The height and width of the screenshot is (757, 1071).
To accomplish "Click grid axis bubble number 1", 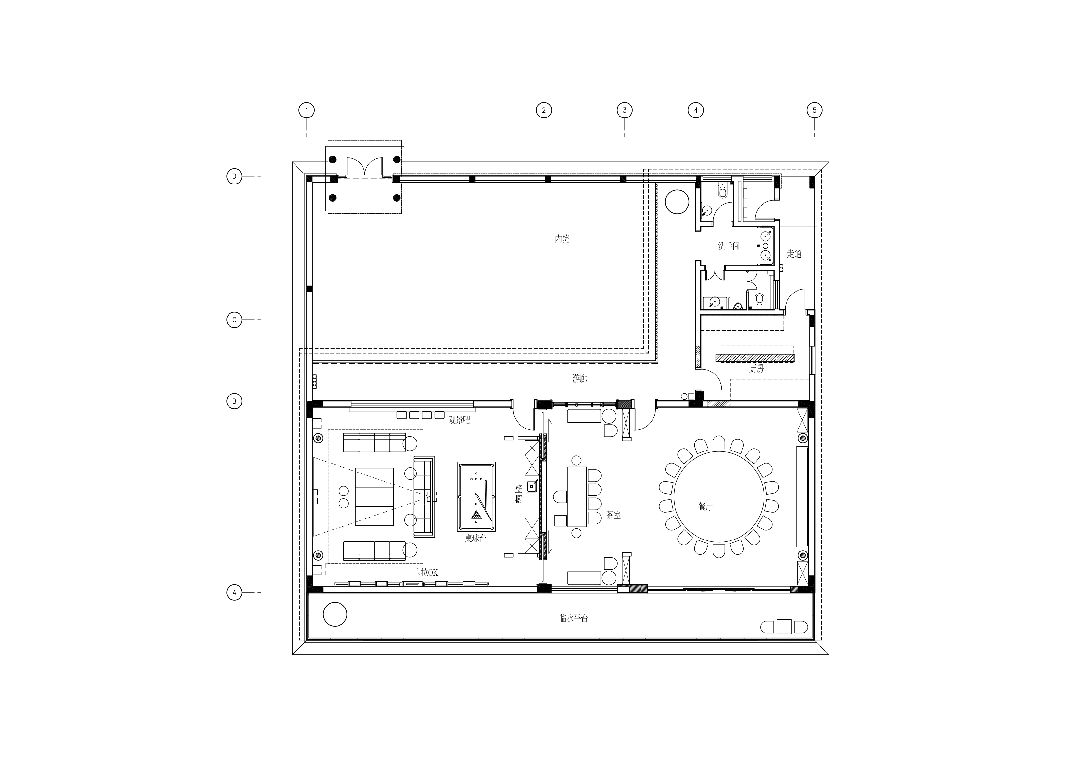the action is [x=307, y=111].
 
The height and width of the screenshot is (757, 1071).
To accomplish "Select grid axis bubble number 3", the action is [x=625, y=111].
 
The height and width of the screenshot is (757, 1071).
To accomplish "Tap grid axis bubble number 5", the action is [x=814, y=111].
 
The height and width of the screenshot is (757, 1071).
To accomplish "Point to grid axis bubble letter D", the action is [x=234, y=176].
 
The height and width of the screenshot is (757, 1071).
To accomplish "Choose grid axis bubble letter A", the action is [x=234, y=593].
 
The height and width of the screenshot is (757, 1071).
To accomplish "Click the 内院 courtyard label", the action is [x=562, y=239].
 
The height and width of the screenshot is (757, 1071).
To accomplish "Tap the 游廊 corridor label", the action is [x=579, y=379].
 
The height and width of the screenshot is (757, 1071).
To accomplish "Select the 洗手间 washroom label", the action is [x=729, y=246].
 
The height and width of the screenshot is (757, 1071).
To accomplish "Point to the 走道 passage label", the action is [x=794, y=254].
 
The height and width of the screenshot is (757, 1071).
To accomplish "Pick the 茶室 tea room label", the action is [x=613, y=515].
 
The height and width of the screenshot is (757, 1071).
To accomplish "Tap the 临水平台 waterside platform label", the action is [x=573, y=618].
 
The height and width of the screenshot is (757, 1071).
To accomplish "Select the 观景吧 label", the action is [x=460, y=420].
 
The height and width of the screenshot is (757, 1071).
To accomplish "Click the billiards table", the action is [x=476, y=497].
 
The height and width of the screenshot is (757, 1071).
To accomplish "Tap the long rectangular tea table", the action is [x=577, y=497].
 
